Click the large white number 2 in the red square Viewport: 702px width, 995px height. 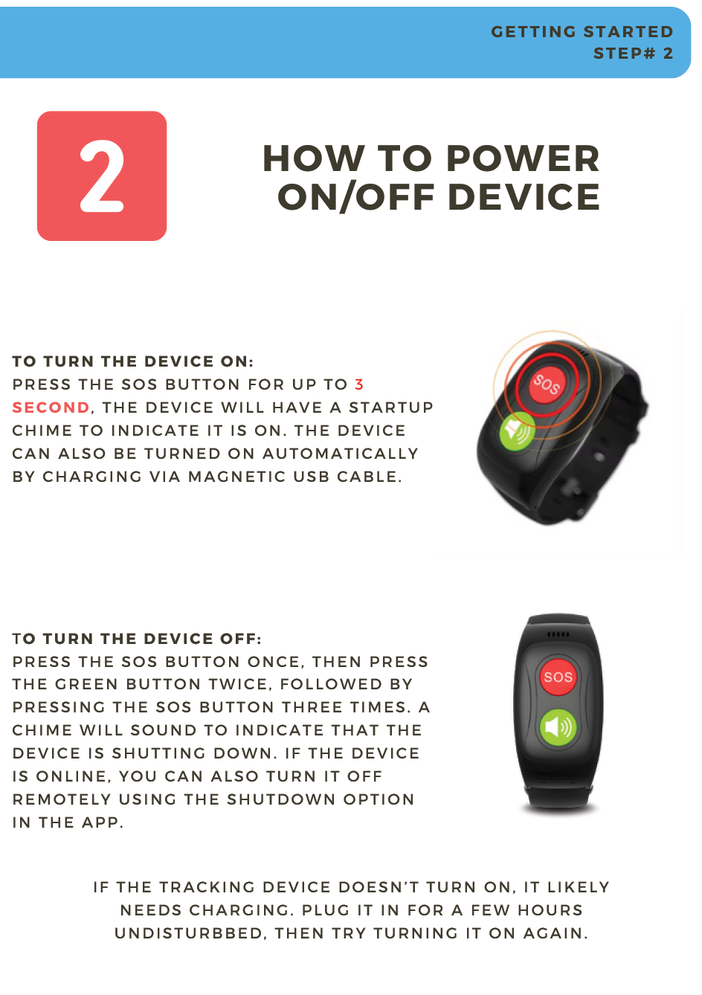(102, 176)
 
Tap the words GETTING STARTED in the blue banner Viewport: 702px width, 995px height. (582, 32)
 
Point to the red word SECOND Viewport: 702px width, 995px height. (51, 408)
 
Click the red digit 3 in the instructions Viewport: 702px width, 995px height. (359, 384)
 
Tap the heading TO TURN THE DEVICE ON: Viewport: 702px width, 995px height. (133, 361)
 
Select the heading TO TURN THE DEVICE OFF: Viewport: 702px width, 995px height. (137, 639)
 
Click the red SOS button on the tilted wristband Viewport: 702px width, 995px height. (546, 384)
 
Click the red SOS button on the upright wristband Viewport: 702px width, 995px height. (558, 677)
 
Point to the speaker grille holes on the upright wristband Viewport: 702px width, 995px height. (558, 634)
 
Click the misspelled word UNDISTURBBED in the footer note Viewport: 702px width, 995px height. (191, 933)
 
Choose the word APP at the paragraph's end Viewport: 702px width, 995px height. (101, 822)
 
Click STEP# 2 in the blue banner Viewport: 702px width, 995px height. (633, 54)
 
